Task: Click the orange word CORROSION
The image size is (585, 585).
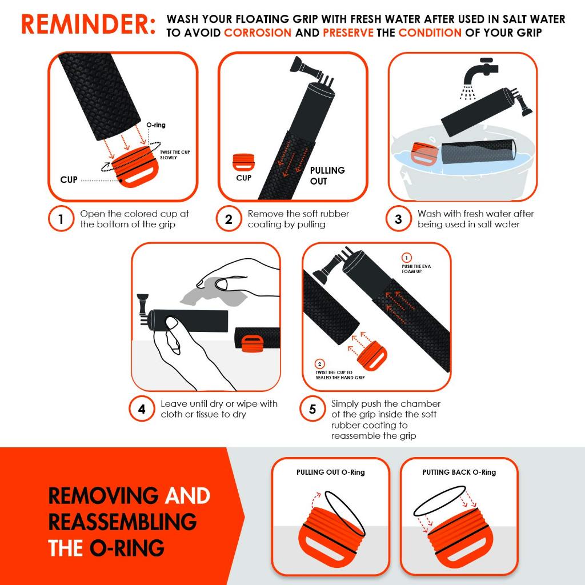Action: click(x=258, y=33)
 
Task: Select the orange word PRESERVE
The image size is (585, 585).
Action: click(x=348, y=33)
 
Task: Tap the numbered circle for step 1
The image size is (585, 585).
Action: click(x=61, y=219)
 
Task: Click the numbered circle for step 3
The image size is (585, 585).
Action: click(x=398, y=219)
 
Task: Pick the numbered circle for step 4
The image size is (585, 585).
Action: click(x=142, y=409)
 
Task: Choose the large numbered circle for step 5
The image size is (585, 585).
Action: click(x=312, y=409)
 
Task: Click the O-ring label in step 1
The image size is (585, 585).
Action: click(x=156, y=125)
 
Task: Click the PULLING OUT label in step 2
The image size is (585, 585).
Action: click(x=327, y=176)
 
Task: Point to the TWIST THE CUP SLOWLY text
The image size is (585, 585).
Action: click(x=175, y=155)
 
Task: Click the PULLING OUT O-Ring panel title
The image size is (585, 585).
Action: click(x=331, y=472)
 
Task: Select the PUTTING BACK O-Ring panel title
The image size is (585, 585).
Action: click(x=459, y=472)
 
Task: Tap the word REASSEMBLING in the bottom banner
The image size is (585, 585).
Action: click(x=122, y=522)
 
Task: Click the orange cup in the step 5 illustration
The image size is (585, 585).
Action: click(x=372, y=355)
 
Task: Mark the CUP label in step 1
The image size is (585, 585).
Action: click(x=69, y=180)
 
